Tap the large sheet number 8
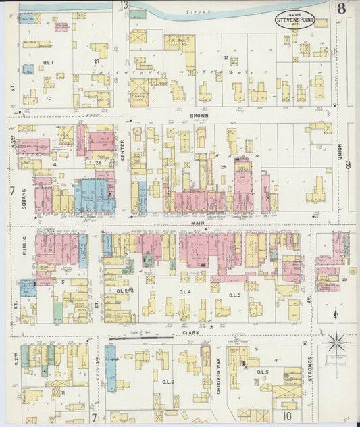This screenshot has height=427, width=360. click(x=343, y=9)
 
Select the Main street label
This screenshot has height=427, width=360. click(x=197, y=222)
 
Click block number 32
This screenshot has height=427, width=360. click(x=225, y=59)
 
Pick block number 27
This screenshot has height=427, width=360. click(x=97, y=61)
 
